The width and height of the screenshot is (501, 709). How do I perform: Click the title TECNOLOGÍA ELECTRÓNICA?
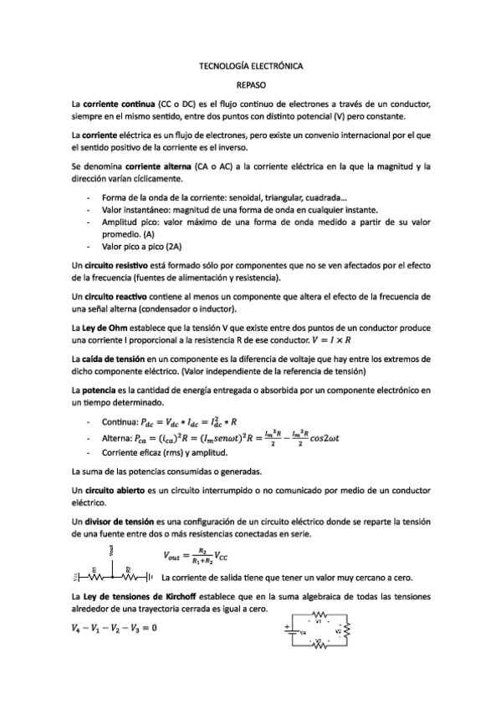[x=250, y=64]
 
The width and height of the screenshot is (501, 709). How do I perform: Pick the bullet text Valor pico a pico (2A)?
[x=141, y=247]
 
